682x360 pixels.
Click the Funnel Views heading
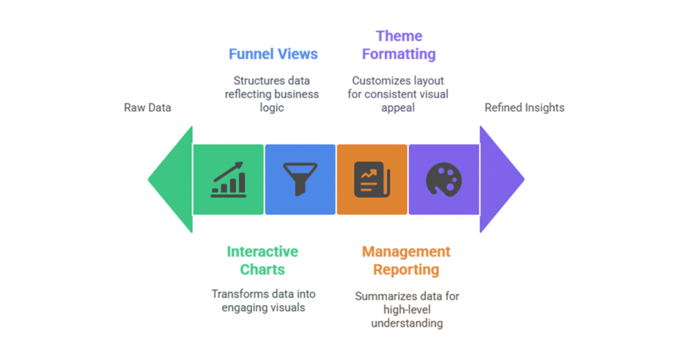click(273, 54)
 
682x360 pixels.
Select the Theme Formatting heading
click(399, 45)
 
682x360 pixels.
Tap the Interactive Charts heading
click(262, 260)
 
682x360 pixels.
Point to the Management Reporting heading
click(406, 260)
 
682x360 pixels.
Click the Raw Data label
click(148, 107)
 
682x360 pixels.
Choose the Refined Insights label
click(524, 107)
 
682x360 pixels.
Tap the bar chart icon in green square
click(228, 180)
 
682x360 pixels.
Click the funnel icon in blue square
click(300, 180)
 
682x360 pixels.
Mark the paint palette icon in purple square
click(444, 180)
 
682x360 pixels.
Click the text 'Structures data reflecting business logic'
click(272, 94)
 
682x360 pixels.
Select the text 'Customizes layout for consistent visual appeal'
click(399, 94)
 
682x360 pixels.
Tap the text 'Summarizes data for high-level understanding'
click(407, 309)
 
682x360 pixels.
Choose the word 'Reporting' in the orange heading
click(406, 269)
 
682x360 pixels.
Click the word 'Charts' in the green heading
click(262, 269)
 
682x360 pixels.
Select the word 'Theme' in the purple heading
click(399, 36)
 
